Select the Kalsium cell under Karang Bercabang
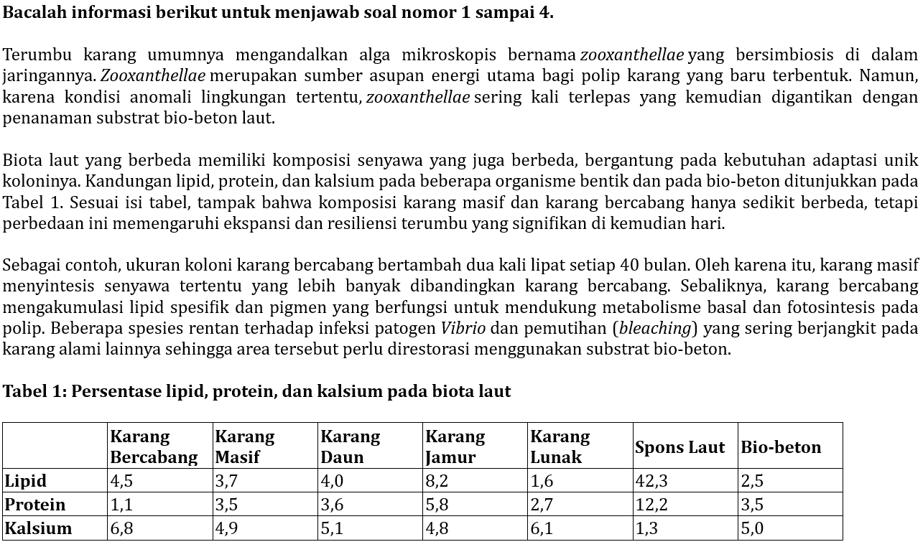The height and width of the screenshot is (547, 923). pos(121,528)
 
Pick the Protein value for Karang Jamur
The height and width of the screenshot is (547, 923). pos(437,505)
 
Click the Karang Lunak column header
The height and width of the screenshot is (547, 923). pos(560,447)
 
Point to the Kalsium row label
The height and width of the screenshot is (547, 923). pos(39,528)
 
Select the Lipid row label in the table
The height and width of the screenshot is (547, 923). pos(26,481)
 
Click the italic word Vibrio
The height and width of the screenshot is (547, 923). pos(463,329)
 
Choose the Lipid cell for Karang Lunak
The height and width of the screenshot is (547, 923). pos(542,481)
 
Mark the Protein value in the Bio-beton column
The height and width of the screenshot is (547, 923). pos(752,505)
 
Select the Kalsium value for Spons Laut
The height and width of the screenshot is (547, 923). pos(646,528)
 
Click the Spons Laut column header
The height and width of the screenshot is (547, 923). pos(680,447)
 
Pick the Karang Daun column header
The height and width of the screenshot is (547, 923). pos(350,447)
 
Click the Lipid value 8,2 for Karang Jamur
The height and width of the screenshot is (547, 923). pos(437,481)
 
